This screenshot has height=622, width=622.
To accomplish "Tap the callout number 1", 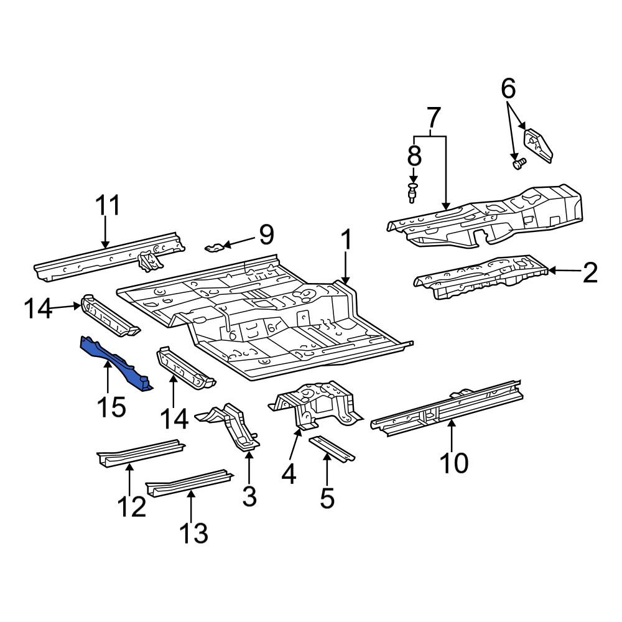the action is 346,240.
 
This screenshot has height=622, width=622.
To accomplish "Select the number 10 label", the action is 454,463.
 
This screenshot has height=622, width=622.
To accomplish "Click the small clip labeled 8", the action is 412,192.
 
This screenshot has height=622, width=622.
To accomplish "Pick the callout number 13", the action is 193,533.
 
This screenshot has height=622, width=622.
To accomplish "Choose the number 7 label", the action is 434,117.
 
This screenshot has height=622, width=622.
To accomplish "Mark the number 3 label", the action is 249,496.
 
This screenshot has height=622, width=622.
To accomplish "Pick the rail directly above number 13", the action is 190,482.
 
